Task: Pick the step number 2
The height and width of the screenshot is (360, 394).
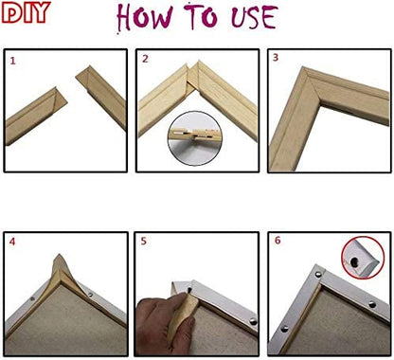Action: click(x=145, y=60)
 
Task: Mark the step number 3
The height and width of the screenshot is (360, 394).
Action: click(x=275, y=59)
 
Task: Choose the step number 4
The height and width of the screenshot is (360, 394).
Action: click(x=12, y=243)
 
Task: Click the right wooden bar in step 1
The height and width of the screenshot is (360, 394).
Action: click(x=101, y=95)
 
